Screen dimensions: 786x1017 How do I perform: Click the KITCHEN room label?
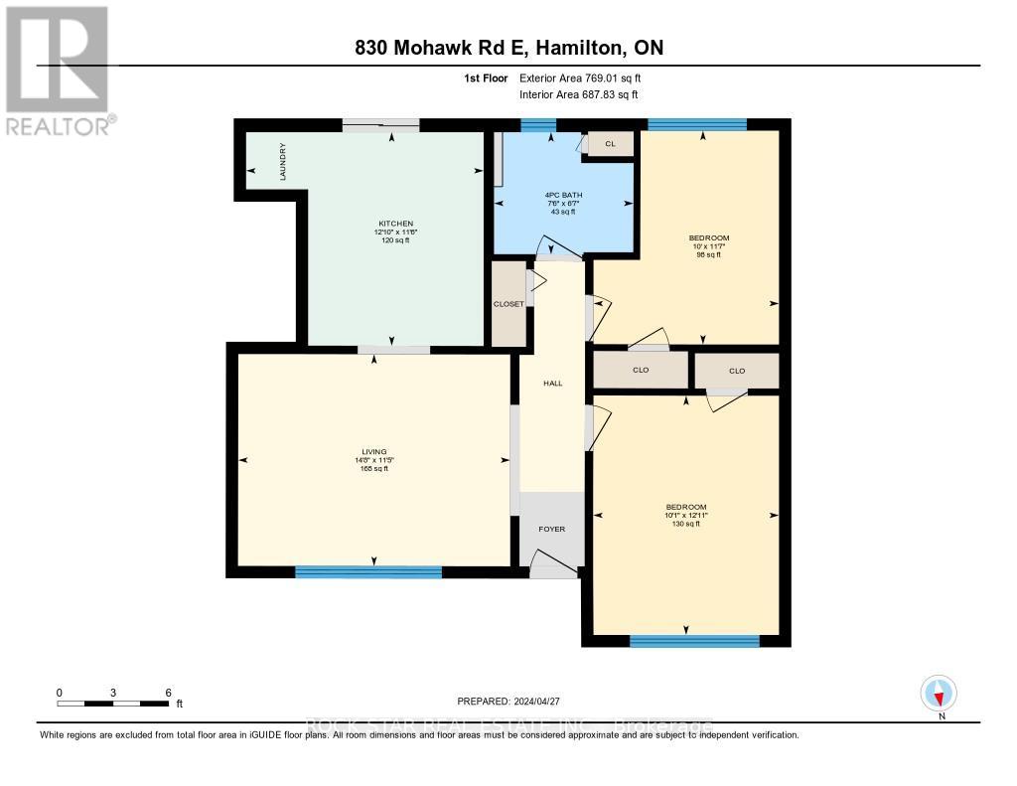[395, 224]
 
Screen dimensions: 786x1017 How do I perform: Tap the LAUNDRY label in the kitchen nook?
[283, 161]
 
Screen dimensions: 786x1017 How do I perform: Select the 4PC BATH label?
[564, 195]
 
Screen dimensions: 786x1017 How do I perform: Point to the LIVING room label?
[373, 451]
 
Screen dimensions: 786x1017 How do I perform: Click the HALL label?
[553, 383]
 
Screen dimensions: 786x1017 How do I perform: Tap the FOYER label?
[551, 529]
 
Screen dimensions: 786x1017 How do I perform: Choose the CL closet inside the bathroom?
[610, 145]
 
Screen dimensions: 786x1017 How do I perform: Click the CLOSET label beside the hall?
[508, 304]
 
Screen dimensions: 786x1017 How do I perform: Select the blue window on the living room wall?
[368, 571]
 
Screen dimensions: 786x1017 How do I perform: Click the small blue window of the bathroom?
[538, 124]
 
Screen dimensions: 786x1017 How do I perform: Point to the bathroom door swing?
[548, 247]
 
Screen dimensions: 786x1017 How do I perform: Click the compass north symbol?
[939, 693]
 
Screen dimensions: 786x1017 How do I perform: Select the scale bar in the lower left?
[113, 704]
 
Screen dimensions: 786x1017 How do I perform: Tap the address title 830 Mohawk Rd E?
[508, 47]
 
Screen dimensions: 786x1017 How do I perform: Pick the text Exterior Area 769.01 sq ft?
[588, 78]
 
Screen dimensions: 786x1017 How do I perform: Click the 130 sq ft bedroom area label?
[684, 524]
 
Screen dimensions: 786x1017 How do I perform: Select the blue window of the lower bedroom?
[694, 641]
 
